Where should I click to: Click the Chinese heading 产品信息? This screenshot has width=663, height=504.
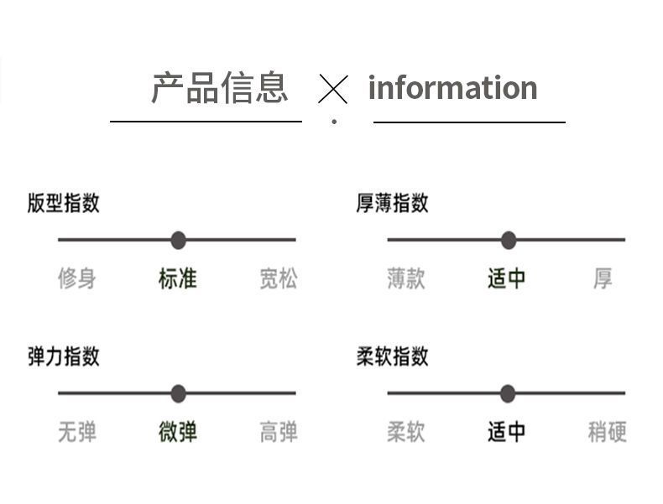click(x=220, y=87)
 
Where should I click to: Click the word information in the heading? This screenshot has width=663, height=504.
click(x=453, y=87)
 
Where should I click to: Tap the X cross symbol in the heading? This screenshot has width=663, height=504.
click(x=333, y=89)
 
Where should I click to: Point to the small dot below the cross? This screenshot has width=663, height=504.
click(x=334, y=122)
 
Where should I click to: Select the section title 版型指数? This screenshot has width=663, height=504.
click(x=64, y=203)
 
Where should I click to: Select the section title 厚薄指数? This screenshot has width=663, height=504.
click(x=393, y=203)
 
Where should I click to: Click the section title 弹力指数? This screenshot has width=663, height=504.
click(x=64, y=356)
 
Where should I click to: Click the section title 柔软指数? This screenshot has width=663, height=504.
click(x=393, y=356)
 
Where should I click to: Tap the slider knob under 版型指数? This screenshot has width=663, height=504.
click(x=179, y=240)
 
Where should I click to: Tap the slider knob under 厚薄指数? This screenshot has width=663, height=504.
click(x=509, y=240)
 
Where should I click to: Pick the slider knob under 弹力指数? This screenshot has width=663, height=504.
click(x=179, y=393)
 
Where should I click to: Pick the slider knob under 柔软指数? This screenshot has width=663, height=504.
click(x=508, y=393)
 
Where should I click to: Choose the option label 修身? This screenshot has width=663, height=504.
click(x=77, y=278)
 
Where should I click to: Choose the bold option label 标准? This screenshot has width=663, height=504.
click(x=178, y=278)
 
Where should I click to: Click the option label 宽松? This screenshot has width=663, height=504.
click(x=279, y=278)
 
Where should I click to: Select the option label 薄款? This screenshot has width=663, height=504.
click(x=406, y=278)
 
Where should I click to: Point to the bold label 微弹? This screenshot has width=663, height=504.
click(x=178, y=432)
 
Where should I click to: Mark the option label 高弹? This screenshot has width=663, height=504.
click(x=279, y=432)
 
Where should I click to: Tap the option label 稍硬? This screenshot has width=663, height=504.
click(x=607, y=432)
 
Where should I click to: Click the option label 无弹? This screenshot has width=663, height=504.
click(x=77, y=432)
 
